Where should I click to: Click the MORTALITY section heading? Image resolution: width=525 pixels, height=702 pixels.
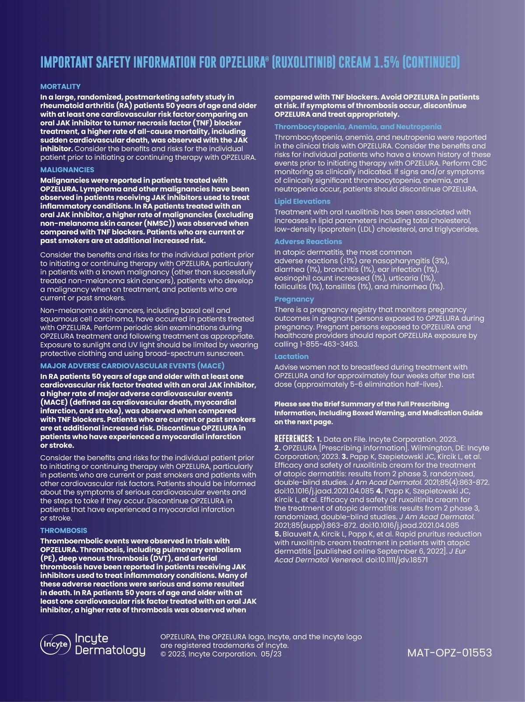(x=60, y=87)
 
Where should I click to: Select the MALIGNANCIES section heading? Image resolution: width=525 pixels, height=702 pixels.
(x=67, y=170)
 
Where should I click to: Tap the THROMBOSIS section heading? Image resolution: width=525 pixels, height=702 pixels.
(x=63, y=530)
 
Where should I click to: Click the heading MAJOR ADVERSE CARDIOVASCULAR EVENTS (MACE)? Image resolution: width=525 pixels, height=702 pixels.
(x=132, y=366)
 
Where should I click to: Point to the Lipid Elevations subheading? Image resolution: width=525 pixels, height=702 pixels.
(x=302, y=202)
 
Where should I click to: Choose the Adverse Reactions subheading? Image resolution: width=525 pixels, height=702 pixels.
(x=308, y=242)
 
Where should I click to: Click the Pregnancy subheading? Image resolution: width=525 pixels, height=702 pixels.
(x=294, y=299)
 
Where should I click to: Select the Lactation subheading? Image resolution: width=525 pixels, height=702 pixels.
(x=291, y=357)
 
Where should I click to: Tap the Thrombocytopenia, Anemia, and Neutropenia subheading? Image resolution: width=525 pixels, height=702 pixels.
(x=358, y=127)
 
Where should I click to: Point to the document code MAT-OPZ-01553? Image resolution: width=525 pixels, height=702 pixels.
(x=449, y=653)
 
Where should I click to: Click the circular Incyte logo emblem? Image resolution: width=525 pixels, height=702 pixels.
(x=55, y=644)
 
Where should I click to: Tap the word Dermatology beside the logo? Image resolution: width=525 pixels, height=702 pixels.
(x=110, y=650)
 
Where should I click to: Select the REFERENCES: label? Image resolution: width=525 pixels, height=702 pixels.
(x=294, y=439)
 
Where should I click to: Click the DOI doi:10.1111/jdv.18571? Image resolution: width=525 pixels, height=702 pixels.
(x=396, y=560)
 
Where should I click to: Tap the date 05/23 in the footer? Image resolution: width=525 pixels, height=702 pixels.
(x=271, y=654)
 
